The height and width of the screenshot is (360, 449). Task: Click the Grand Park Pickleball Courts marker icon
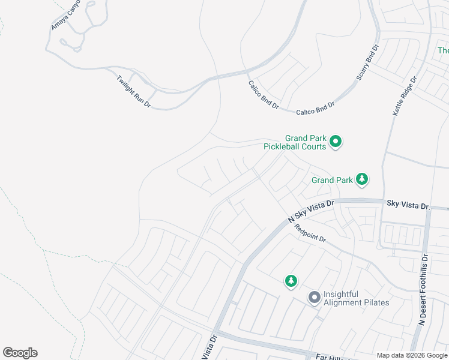tap(336, 142)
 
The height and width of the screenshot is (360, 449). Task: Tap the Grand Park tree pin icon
tap(362, 179)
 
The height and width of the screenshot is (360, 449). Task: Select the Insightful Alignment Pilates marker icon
tap(314, 298)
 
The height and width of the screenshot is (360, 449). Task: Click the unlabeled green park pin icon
tap(291, 280)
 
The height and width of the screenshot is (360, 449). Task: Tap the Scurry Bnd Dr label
tap(368, 62)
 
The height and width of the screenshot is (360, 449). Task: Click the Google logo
tap(20, 353)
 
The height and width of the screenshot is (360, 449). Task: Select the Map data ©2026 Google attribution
tap(412, 355)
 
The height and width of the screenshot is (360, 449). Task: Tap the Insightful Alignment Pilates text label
tap(356, 298)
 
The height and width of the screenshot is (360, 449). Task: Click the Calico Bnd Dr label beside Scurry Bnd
tap(315, 108)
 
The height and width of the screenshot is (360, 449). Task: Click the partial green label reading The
tap(443, 51)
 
